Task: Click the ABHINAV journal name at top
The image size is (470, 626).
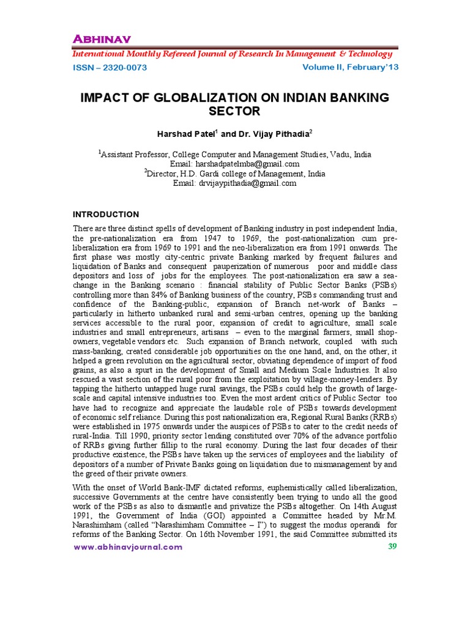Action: pos(102,40)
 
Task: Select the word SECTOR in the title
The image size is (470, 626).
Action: pos(235,111)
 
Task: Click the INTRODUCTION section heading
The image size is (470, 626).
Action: pos(106,214)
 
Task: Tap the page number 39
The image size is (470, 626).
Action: pos(393,546)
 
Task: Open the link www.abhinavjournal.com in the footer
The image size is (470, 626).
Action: pos(128,547)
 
